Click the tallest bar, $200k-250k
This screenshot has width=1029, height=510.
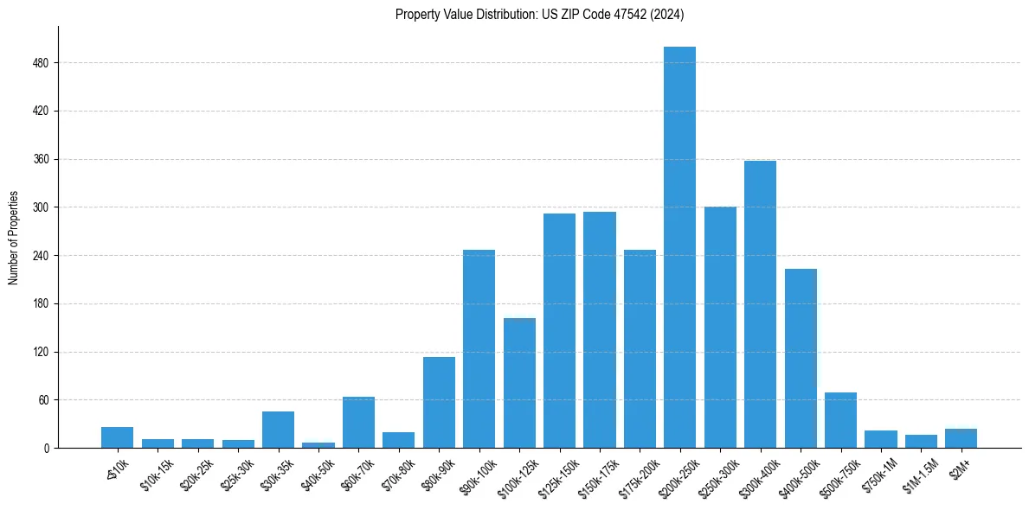pos(679,247)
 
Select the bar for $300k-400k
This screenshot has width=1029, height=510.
pos(760,304)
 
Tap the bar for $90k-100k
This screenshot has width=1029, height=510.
pos(479,348)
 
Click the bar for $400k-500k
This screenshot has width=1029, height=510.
pos(801,358)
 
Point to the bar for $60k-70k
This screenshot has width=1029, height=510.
pos(358,423)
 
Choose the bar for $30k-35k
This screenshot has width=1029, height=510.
pos(278,430)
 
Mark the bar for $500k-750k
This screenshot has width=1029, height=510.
pos(840,420)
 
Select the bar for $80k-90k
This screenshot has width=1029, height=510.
pos(439,402)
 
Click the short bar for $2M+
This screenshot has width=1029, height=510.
pos(961,438)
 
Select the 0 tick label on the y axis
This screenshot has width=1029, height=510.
pos(46,449)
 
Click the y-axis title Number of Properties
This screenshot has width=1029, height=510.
pos(13,238)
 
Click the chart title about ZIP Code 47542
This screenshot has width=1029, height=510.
pos(540,14)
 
